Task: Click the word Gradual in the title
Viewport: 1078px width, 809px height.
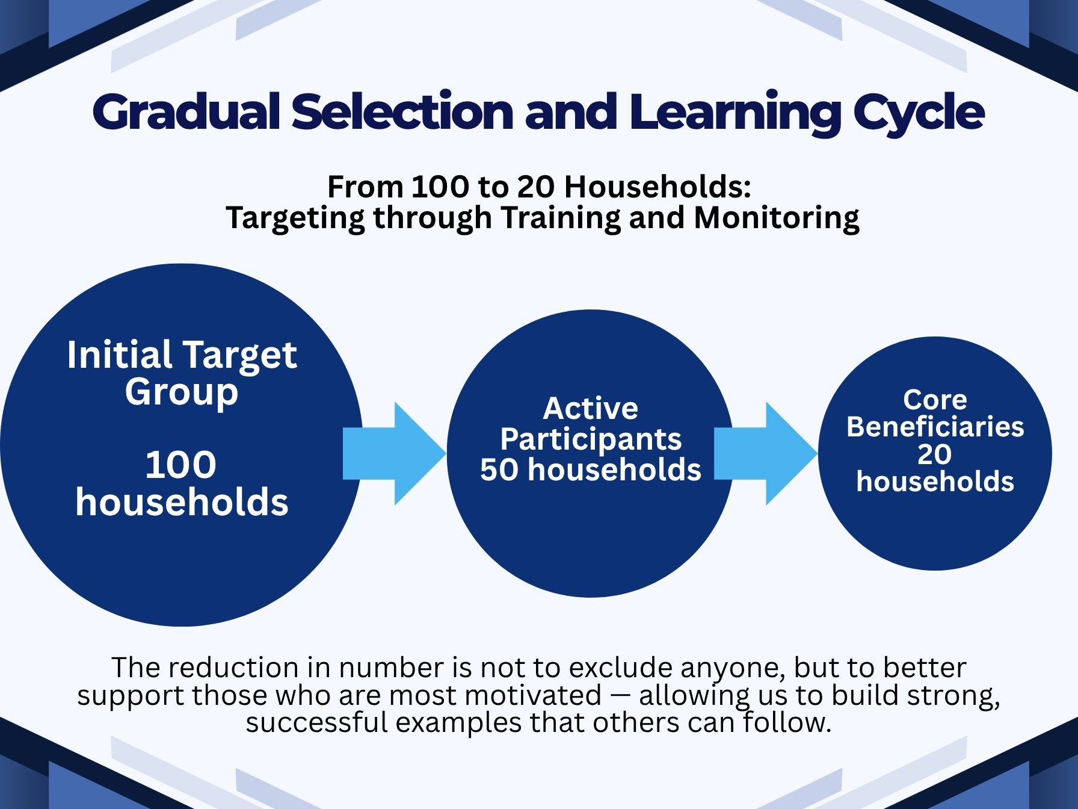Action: coord(187,113)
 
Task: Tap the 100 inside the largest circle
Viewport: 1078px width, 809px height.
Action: coord(181,465)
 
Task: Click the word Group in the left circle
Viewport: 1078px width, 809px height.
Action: coord(182,392)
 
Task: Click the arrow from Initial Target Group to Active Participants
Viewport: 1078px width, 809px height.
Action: coord(395,453)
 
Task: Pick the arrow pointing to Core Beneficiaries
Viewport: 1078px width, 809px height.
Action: coord(766,453)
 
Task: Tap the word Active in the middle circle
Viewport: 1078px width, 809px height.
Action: coord(590,409)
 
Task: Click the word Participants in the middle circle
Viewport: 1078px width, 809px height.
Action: coord(591,439)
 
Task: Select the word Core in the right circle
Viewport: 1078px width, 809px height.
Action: coord(935,400)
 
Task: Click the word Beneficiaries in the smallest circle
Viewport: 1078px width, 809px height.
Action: coord(935,427)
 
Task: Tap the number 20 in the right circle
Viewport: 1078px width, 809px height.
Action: coord(934,454)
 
